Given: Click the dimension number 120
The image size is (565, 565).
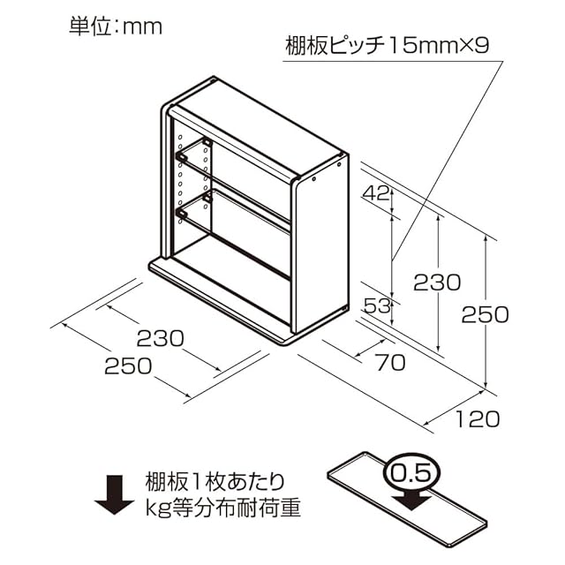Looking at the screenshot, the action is [x=478, y=418].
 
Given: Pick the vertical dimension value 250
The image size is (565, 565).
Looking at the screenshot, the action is [x=486, y=313].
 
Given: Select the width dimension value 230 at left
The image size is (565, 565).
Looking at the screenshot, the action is [x=161, y=337].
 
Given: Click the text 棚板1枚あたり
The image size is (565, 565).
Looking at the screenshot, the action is [x=215, y=482].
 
